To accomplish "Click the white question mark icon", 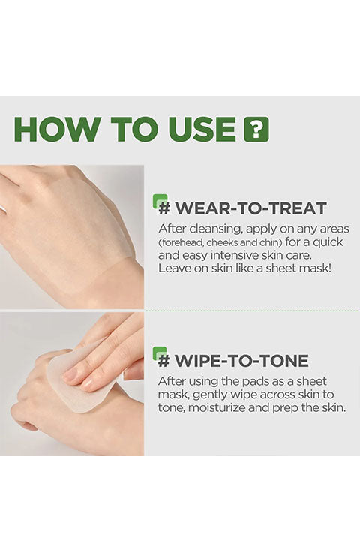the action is (x=256, y=130).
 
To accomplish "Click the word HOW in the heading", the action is (x=57, y=129).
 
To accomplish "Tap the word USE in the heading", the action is (x=202, y=129).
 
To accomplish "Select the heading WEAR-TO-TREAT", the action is (x=242, y=208).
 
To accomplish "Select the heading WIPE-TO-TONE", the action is (x=233, y=361).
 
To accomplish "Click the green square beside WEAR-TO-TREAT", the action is (x=160, y=201).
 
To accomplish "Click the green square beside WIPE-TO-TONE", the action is (x=160, y=353).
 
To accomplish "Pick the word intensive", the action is (x=234, y=255).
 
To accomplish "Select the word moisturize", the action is (x=217, y=408).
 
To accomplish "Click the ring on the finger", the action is (x=2, y=209).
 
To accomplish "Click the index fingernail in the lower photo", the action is (x=70, y=373).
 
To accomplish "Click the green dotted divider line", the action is (x=252, y=310).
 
